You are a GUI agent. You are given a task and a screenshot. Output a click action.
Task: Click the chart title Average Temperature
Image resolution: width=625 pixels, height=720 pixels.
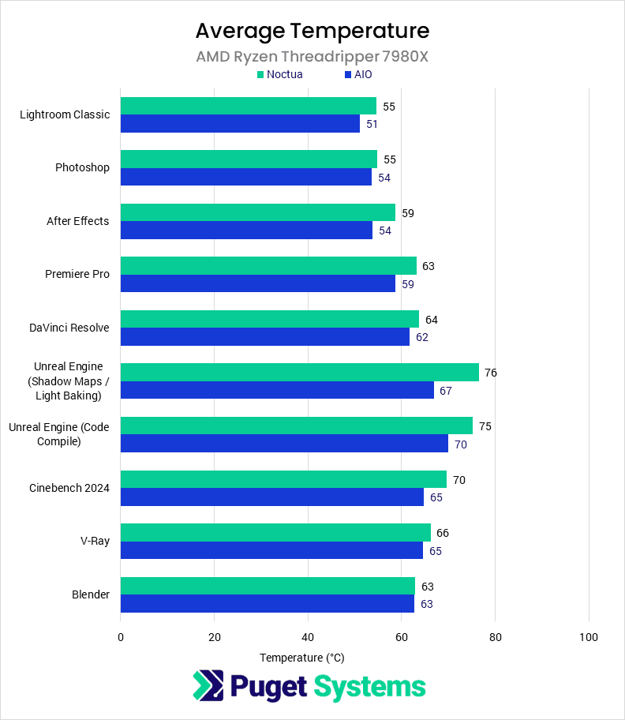click(x=312, y=31)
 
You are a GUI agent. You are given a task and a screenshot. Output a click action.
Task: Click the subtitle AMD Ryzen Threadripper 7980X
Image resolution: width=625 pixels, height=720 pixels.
click(x=312, y=57)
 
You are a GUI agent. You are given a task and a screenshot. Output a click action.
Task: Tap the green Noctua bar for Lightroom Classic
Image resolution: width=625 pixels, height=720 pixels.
click(x=249, y=106)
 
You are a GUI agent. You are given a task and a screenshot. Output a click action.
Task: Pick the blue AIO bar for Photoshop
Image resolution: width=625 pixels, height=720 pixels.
click(x=246, y=177)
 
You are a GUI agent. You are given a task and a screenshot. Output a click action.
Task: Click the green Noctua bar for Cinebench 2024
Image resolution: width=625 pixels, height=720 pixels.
click(x=283, y=479)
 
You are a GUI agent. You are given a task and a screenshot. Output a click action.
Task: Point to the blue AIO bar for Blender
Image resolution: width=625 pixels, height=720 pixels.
click(x=268, y=604)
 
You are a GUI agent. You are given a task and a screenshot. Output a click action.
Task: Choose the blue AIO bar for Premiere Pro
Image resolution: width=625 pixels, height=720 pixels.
click(x=258, y=283)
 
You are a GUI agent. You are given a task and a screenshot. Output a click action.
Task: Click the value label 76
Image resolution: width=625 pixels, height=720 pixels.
click(x=491, y=373)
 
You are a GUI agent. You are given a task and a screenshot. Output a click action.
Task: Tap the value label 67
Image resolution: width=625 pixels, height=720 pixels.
click(x=446, y=391)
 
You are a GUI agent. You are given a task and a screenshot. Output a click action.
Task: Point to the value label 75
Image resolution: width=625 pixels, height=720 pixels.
click(x=485, y=426)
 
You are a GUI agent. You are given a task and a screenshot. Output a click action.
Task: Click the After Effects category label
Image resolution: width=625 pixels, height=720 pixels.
click(x=77, y=221)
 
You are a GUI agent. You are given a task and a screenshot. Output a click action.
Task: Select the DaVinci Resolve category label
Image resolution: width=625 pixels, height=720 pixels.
click(x=69, y=328)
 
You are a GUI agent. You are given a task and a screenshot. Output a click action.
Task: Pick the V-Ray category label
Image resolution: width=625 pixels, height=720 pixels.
click(x=95, y=542)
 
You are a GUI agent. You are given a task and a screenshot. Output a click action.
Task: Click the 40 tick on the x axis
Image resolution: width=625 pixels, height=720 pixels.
click(x=308, y=637)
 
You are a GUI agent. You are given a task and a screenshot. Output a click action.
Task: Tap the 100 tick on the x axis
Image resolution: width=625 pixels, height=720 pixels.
click(x=588, y=637)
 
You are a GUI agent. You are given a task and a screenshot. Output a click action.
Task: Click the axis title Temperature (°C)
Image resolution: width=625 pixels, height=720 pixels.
click(x=301, y=658)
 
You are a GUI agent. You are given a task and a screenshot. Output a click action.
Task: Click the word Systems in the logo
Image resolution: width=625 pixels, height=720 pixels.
click(x=369, y=686)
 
